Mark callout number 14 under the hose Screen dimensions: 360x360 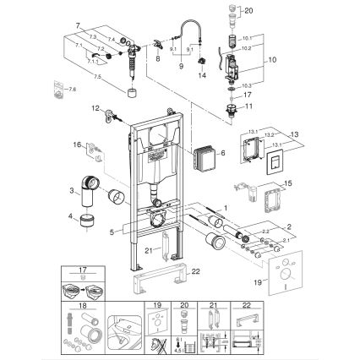tap(201, 75)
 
